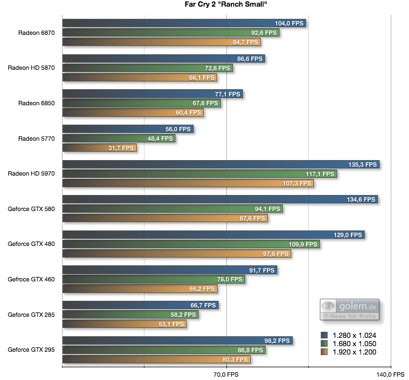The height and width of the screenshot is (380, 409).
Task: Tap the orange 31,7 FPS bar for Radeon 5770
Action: pos(99,148)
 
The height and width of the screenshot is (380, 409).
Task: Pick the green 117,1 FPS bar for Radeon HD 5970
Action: pos(199,174)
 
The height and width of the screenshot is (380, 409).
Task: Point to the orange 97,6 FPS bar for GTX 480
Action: pos(177,254)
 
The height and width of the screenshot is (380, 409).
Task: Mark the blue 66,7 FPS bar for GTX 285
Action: pos(141,305)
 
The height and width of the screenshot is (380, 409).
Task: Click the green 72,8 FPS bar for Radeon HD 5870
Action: pos(147,68)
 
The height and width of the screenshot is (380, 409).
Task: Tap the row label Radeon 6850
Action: pos(37,103)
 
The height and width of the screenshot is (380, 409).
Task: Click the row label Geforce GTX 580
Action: pos(31,209)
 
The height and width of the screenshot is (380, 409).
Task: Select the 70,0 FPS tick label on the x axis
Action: pos(226,375)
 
